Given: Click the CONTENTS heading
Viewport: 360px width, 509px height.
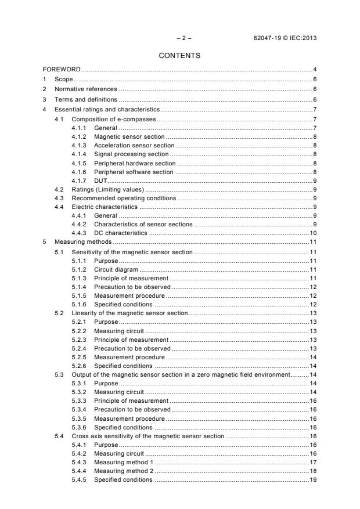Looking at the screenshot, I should (x=179, y=56).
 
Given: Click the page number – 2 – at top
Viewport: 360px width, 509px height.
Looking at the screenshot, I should (x=184, y=38).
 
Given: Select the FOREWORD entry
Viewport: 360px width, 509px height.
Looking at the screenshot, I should (x=62, y=70).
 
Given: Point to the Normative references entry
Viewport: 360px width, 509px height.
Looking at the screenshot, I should (x=85, y=89).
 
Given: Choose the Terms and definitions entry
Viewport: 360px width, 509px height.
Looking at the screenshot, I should (x=82, y=99).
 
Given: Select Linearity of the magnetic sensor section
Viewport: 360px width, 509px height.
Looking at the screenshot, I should (x=129, y=313).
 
